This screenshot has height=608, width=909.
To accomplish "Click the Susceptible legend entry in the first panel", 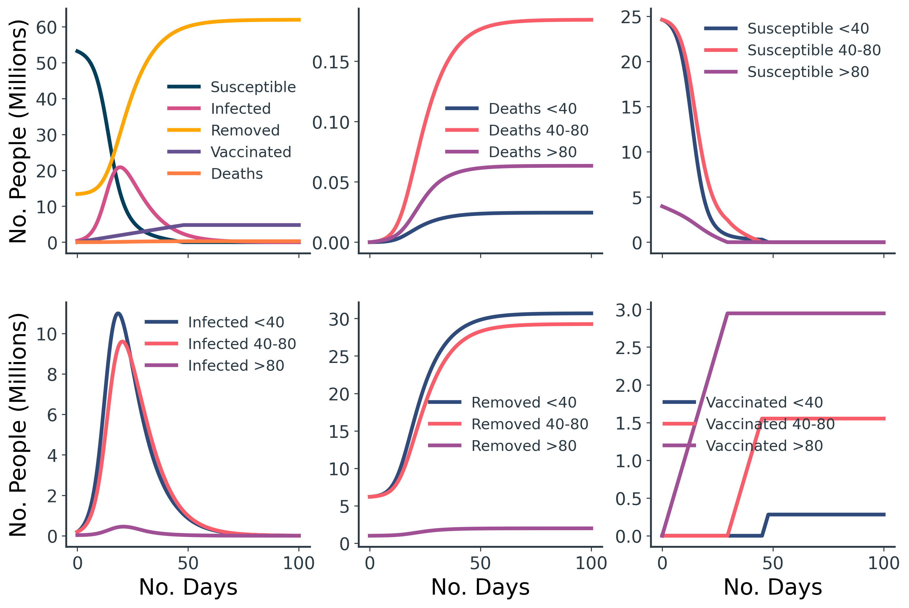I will [x=253, y=87].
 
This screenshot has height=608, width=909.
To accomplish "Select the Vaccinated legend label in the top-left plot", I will [x=250, y=152].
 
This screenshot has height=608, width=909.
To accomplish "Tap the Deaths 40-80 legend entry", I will [x=538, y=130].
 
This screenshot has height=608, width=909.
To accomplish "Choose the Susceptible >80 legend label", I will [x=808, y=72].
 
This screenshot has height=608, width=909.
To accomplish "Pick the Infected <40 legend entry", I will [x=236, y=322].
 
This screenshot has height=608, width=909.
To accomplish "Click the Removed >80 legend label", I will [x=523, y=446].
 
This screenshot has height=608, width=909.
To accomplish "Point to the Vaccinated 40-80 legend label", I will [x=770, y=424].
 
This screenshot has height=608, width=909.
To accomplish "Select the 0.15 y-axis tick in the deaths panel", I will [x=331, y=62].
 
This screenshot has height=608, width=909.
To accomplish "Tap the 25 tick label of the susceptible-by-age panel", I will [x=631, y=18].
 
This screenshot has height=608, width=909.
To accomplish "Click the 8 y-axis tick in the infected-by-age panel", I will [x=52, y=375].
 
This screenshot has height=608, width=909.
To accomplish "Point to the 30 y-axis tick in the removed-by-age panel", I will [x=339, y=320].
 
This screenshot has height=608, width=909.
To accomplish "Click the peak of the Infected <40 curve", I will [x=118, y=313].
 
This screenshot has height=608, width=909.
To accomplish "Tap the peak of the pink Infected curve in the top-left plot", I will [x=121, y=167].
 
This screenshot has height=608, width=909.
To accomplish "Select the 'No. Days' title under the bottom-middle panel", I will [x=480, y=587].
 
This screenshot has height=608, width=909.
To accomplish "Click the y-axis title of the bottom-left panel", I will [x=18, y=425].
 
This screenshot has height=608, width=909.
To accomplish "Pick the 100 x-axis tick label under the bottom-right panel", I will [x=883, y=563].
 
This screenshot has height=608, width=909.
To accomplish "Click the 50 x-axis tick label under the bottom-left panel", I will [x=188, y=563].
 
